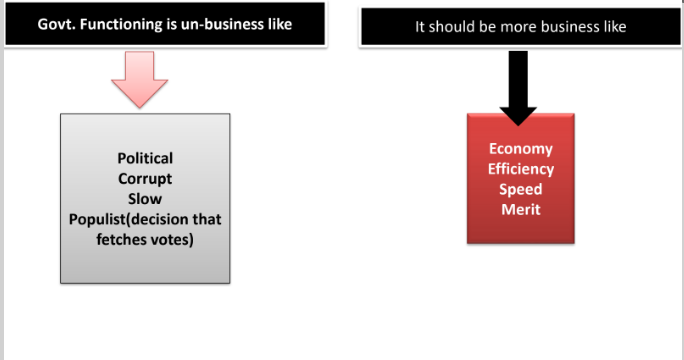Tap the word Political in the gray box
(145, 158)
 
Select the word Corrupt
(145, 178)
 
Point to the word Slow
(145, 198)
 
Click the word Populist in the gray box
(97, 219)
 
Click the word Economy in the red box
(521, 150)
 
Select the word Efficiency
(521, 169)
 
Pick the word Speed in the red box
(521, 189)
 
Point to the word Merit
(521, 208)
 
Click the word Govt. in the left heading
(55, 23)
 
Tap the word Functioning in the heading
(122, 23)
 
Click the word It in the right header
(420, 27)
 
